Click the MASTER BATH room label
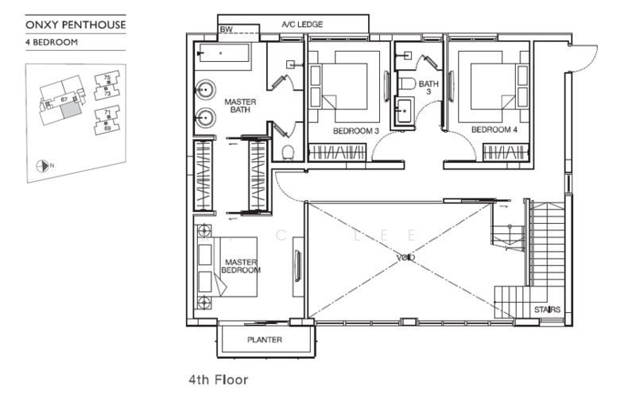(238, 107)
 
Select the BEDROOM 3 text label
(355, 130)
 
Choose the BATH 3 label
(429, 87)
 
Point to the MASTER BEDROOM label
(242, 266)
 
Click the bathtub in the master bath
(223, 53)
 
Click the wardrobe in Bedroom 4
(506, 150)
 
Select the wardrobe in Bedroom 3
(336, 150)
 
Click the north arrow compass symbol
(42, 166)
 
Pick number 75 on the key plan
(107, 76)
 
